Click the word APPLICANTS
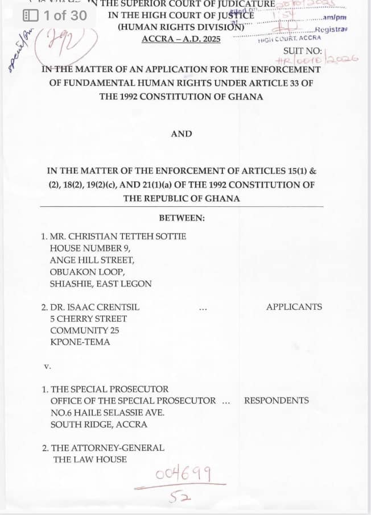294,307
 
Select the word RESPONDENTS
277,400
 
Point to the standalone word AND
182,134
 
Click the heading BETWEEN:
182,218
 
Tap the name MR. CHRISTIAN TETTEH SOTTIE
118,236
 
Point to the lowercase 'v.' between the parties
47,366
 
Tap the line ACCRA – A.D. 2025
181,39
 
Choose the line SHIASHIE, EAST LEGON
101,284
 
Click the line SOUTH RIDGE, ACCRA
99,424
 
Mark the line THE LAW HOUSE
90,459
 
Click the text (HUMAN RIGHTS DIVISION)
181,27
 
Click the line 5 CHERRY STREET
88,319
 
